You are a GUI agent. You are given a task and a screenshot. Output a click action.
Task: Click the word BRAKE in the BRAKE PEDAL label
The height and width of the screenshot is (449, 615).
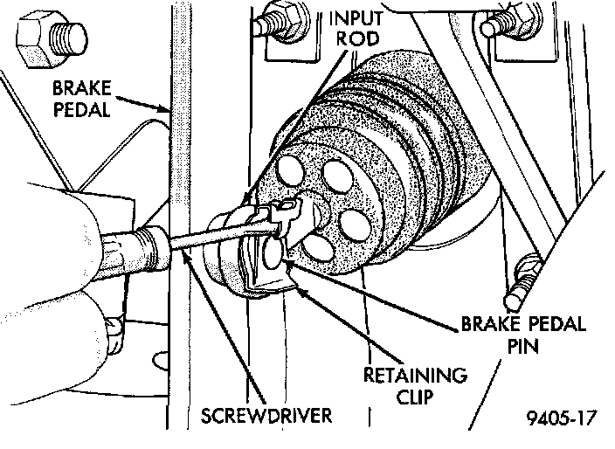pos(82,88)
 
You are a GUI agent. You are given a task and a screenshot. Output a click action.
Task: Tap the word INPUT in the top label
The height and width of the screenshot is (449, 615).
pos(356,18)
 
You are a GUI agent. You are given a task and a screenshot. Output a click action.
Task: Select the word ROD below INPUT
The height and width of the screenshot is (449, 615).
pos(358,38)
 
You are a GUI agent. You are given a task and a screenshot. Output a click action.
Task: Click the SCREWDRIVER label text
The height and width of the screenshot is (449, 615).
pos(266,416)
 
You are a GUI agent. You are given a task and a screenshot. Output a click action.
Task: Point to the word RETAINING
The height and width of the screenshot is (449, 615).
pos(415,376)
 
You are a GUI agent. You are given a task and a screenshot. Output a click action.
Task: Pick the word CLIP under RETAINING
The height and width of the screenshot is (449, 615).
pos(415,397)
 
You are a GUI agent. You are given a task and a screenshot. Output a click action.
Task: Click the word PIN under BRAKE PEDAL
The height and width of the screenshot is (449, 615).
pos(522,346)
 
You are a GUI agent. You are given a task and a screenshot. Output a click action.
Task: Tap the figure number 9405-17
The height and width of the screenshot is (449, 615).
pos(561,418)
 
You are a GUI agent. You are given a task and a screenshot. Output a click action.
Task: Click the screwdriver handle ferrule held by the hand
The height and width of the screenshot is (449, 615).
pos(154,248)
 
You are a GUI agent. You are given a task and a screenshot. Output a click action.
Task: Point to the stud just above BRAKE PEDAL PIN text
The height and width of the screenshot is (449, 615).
pos(522,281)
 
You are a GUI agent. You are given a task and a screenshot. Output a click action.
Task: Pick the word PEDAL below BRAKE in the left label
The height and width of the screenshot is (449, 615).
pos(81,109)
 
